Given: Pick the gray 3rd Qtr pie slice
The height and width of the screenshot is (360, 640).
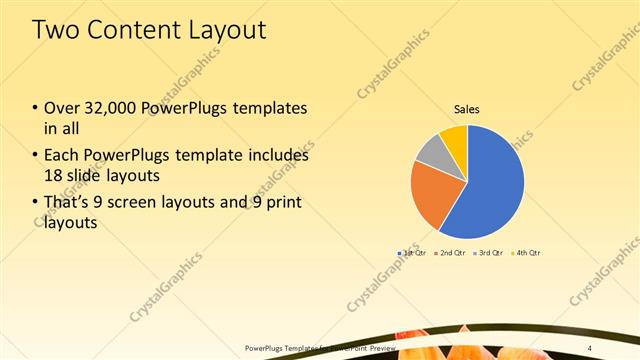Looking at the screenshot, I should point(429,151).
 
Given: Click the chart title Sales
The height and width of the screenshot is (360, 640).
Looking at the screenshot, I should point(467,109).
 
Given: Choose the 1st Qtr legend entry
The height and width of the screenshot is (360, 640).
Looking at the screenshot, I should point(411,253).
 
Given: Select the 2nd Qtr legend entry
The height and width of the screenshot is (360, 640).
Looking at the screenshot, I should point(451,253).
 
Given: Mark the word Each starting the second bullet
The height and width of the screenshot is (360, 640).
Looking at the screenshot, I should point(62,156).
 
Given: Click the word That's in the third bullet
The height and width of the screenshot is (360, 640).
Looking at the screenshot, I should point(68,203).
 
